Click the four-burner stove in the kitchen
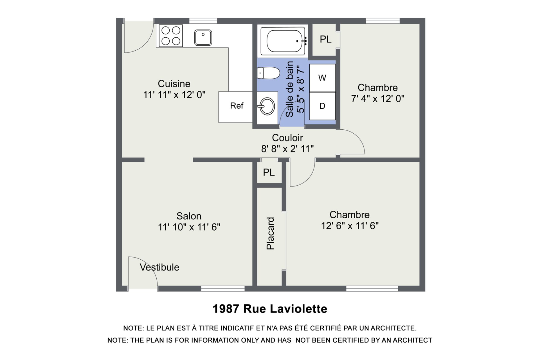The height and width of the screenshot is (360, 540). tap(171, 36)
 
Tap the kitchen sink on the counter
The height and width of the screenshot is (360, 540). tap(203, 38)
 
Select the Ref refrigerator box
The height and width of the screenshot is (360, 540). tap(236, 107)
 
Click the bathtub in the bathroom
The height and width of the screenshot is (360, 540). tap(284, 41)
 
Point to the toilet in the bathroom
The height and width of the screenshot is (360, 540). tap(268, 73)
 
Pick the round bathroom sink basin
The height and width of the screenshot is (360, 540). tap(267, 106)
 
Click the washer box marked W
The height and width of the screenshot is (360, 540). tap(322, 78)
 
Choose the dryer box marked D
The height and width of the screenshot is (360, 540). tap(322, 106)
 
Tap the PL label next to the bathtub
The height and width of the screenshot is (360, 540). tap(326, 39)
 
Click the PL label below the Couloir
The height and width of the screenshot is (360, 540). tap(269, 172)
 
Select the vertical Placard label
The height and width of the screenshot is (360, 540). tap(270, 233)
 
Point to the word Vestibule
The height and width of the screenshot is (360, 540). tap(159, 267)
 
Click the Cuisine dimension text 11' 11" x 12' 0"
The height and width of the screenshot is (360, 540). tap(174, 95)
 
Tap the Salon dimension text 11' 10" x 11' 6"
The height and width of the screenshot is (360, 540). tap(189, 227)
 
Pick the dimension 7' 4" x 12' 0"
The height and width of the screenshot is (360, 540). tap(378, 99)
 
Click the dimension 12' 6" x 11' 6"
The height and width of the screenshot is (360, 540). tap(350, 226)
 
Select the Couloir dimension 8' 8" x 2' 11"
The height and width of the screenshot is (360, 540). tap(287, 149)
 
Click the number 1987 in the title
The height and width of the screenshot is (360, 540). tap(226, 309)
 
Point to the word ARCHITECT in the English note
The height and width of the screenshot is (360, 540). tap(413, 340)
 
